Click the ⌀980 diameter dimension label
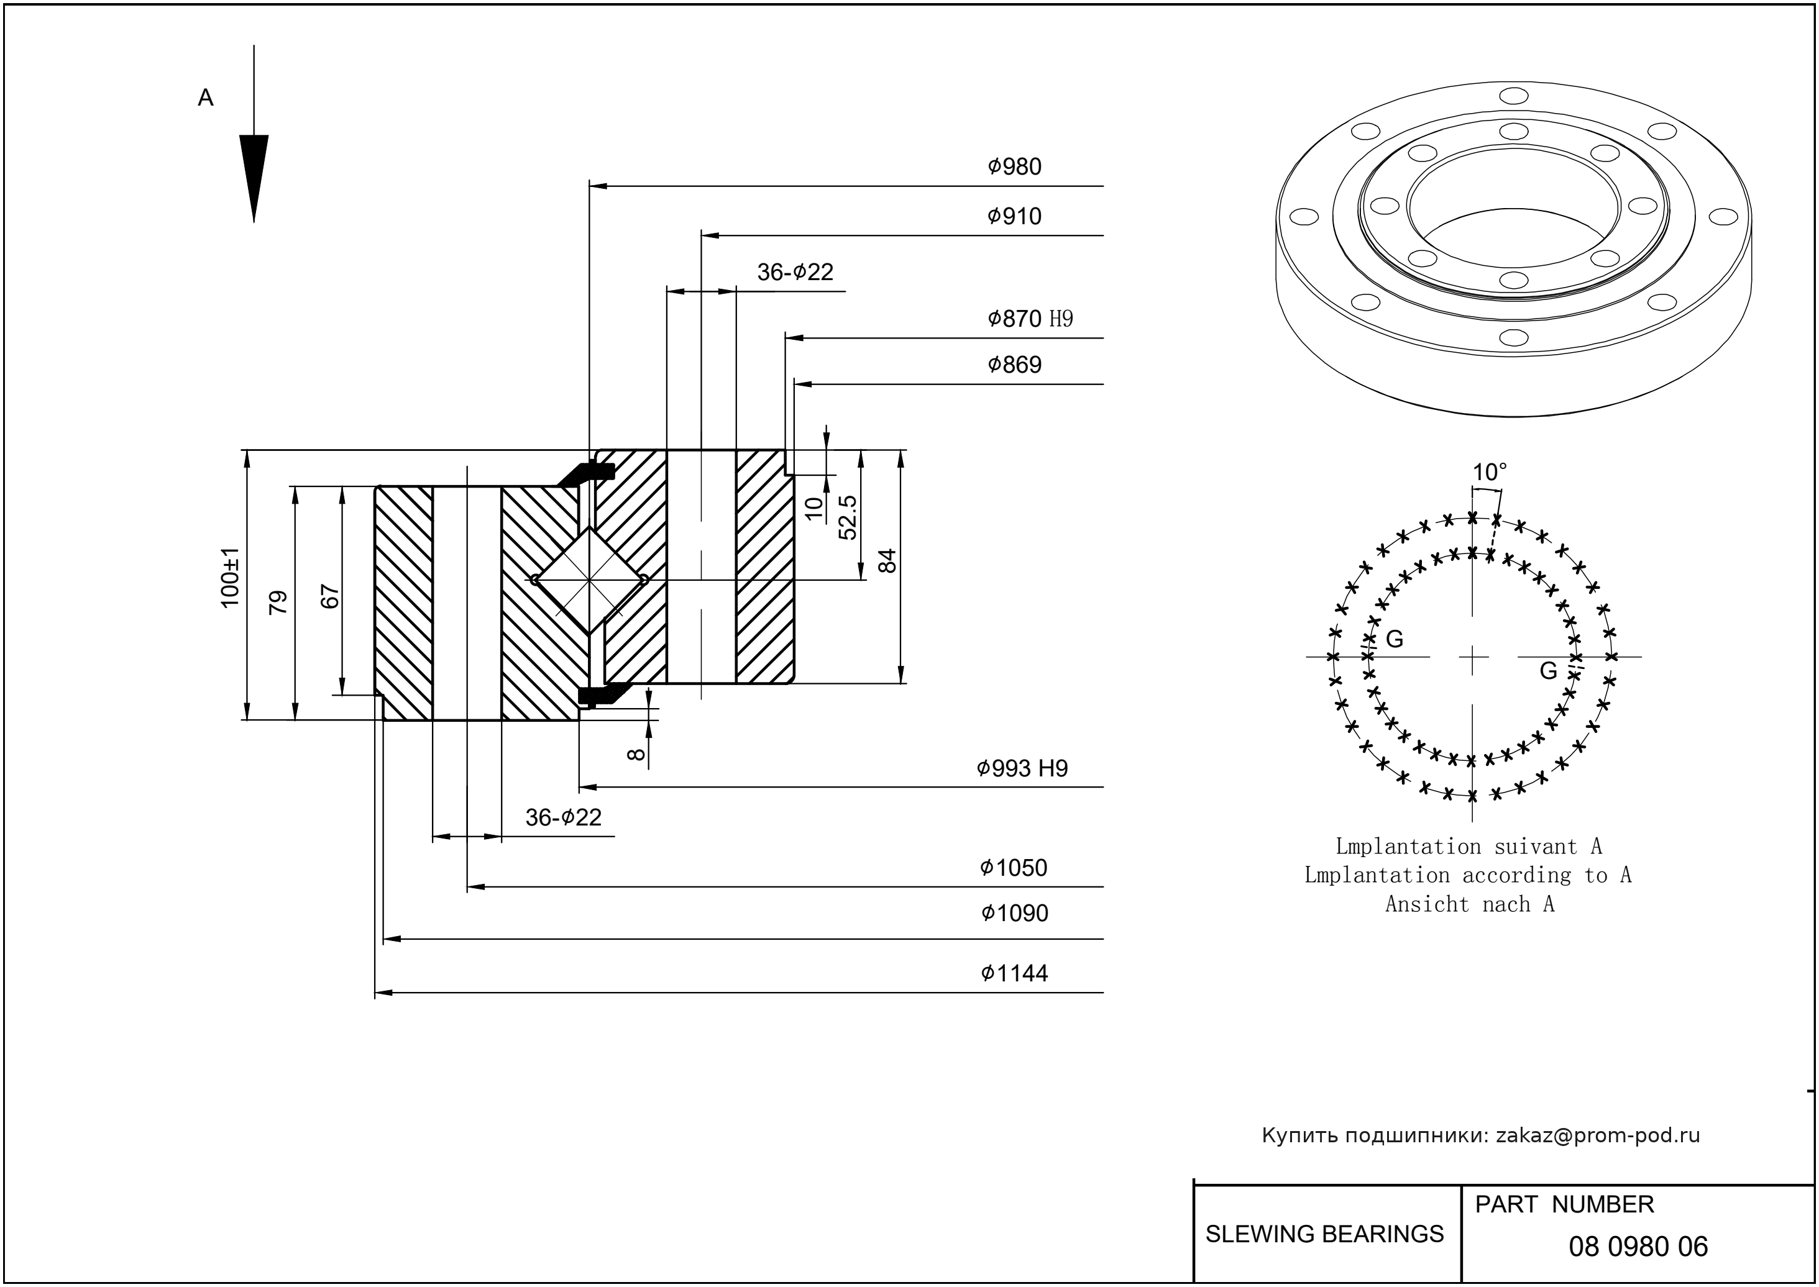tap(1014, 167)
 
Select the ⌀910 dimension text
tap(1014, 216)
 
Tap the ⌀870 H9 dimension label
tap(1030, 319)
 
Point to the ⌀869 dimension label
tap(1014, 365)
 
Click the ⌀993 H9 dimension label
tap(1022, 768)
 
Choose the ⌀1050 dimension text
tap(1014, 868)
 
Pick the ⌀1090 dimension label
tap(1014, 914)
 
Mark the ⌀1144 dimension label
tap(1014, 973)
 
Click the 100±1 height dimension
tap(230, 578)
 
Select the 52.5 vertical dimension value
tap(848, 517)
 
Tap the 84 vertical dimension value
tap(888, 560)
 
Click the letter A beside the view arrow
tap(205, 98)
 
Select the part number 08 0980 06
tap(1638, 1247)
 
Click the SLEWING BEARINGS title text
tap(1324, 1234)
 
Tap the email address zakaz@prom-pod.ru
tap(1597, 1135)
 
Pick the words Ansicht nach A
tap(1469, 904)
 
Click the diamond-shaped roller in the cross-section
tap(589, 580)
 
